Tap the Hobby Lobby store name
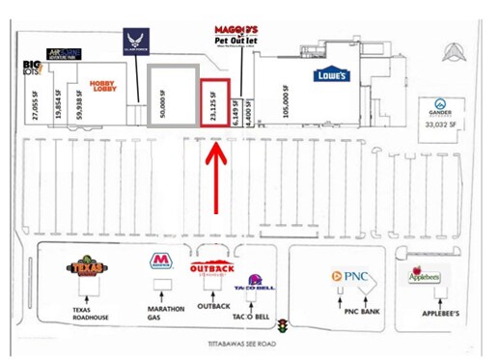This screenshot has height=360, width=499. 103,86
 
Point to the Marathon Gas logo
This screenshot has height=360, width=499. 162,263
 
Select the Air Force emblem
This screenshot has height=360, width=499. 135,42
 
